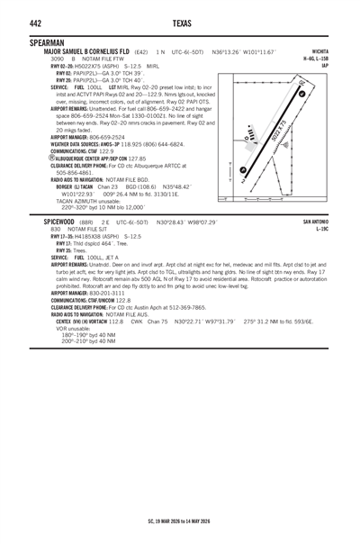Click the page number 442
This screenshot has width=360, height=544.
[12, 23]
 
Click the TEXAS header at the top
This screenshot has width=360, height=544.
[180, 23]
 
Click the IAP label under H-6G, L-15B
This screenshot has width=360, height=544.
[348, 66]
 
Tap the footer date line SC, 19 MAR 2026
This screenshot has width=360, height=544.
[180, 520]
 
